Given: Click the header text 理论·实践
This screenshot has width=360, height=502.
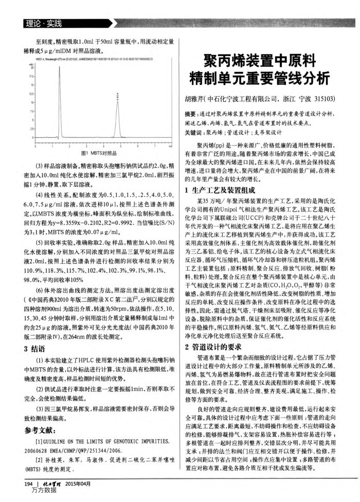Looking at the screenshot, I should (x=39, y=24).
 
